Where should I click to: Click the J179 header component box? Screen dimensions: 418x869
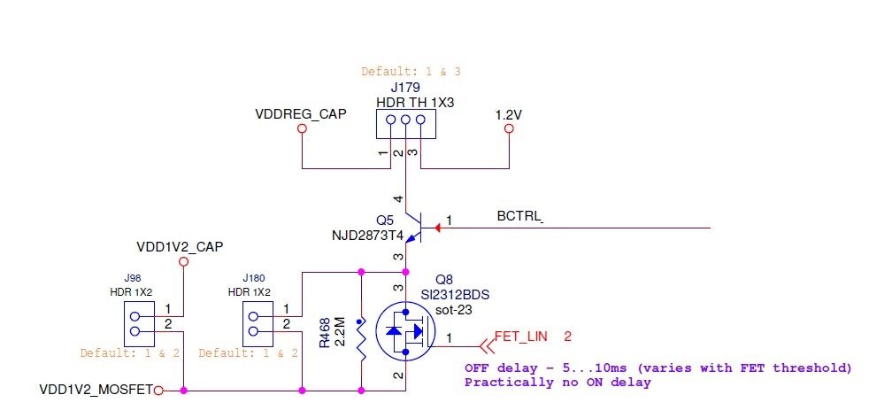(x=405, y=125)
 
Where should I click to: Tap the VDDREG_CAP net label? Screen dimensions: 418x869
(x=301, y=114)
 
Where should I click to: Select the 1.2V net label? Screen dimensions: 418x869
(x=508, y=114)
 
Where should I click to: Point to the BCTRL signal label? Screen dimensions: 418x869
(x=519, y=217)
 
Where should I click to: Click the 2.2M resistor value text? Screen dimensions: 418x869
(x=339, y=332)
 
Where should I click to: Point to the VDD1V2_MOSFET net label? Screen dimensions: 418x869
(x=96, y=390)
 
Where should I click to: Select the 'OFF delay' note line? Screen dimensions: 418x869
(x=658, y=368)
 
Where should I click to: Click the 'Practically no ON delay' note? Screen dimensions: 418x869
(x=558, y=383)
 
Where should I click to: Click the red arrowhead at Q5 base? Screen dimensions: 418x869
(x=439, y=228)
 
